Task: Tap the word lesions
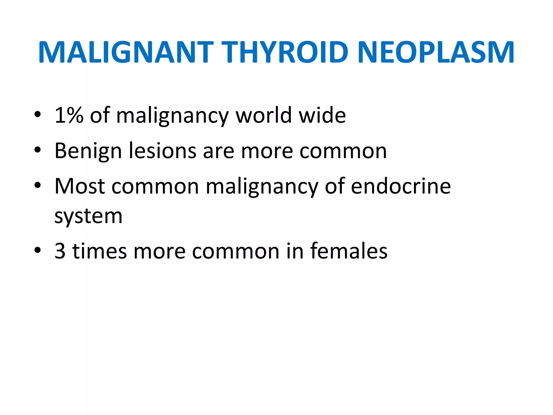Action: point(162,150)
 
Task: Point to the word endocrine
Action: point(401,186)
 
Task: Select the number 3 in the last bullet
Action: point(60,251)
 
